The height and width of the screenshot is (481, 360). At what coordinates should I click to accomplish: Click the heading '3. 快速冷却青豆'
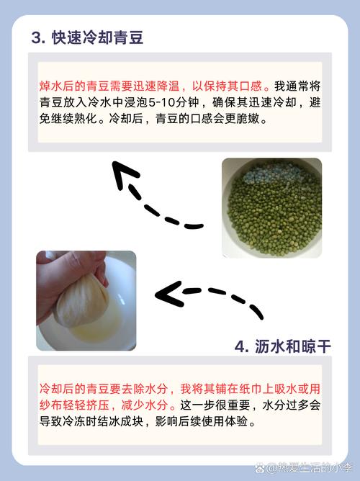(87, 38)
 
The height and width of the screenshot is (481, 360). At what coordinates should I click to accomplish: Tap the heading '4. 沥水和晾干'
(282, 347)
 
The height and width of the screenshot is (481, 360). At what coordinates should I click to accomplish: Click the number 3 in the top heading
(36, 38)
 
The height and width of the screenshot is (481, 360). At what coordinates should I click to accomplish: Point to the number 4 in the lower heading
(240, 347)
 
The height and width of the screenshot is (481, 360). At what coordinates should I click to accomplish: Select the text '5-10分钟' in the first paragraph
(174, 102)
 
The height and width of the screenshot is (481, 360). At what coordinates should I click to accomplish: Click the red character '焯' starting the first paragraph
(45, 86)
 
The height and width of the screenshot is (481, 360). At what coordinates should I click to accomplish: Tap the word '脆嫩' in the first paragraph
(248, 118)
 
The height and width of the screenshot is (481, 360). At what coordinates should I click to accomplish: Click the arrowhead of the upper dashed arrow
(124, 174)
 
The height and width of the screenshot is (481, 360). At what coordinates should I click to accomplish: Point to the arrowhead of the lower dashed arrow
(168, 295)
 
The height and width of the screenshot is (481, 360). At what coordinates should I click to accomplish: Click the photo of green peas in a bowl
(271, 207)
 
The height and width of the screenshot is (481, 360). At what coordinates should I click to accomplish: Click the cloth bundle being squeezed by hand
(81, 301)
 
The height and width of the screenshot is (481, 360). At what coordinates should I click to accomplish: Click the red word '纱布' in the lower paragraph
(50, 405)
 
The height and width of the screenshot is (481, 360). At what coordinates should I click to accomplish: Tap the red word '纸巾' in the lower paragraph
(251, 389)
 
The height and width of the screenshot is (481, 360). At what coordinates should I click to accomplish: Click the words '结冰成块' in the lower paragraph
(120, 421)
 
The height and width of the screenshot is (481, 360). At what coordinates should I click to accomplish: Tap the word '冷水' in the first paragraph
(99, 102)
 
